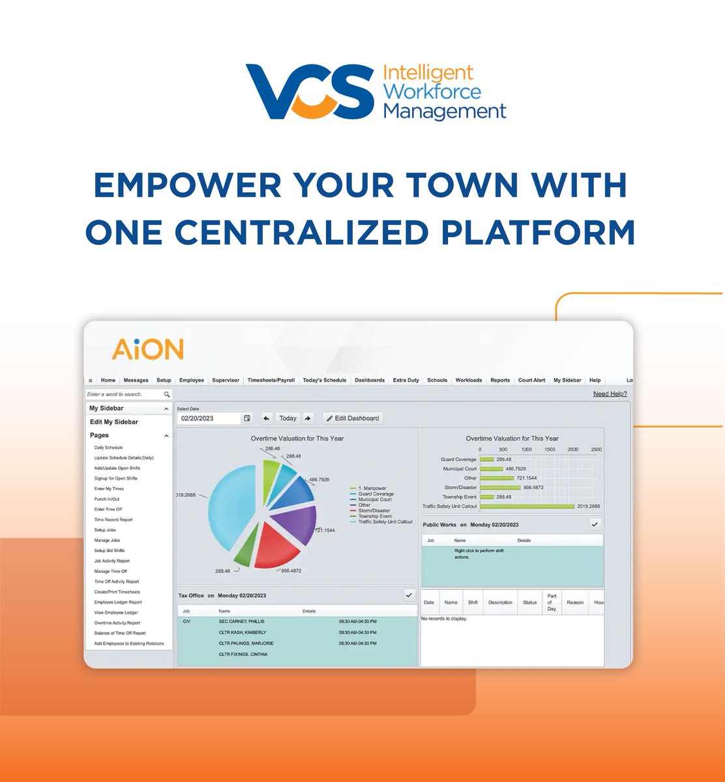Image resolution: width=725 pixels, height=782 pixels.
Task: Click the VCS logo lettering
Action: coord(310,91)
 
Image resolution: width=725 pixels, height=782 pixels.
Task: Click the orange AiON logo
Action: coord(147,349)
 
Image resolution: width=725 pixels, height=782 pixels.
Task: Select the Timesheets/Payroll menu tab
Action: coord(271,380)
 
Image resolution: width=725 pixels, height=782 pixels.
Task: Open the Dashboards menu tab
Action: coord(369,380)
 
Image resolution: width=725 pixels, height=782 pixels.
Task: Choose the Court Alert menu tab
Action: coord(531,380)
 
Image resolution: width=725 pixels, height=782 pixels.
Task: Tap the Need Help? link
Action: coord(610,394)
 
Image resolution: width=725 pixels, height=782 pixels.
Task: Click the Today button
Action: coord(288,418)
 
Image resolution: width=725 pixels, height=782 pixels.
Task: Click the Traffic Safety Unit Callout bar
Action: coord(527,506)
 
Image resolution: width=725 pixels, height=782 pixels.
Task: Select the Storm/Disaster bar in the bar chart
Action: coord(500,487)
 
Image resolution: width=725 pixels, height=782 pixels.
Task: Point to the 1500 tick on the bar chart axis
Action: coord(550,450)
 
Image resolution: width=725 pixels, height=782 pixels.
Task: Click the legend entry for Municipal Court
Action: coord(375,499)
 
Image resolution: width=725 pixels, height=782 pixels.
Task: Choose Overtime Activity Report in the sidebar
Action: coord(117,623)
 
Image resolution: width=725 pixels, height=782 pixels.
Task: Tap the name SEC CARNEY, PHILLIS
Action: coord(243,622)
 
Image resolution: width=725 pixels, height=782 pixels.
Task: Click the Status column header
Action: coord(529,602)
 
